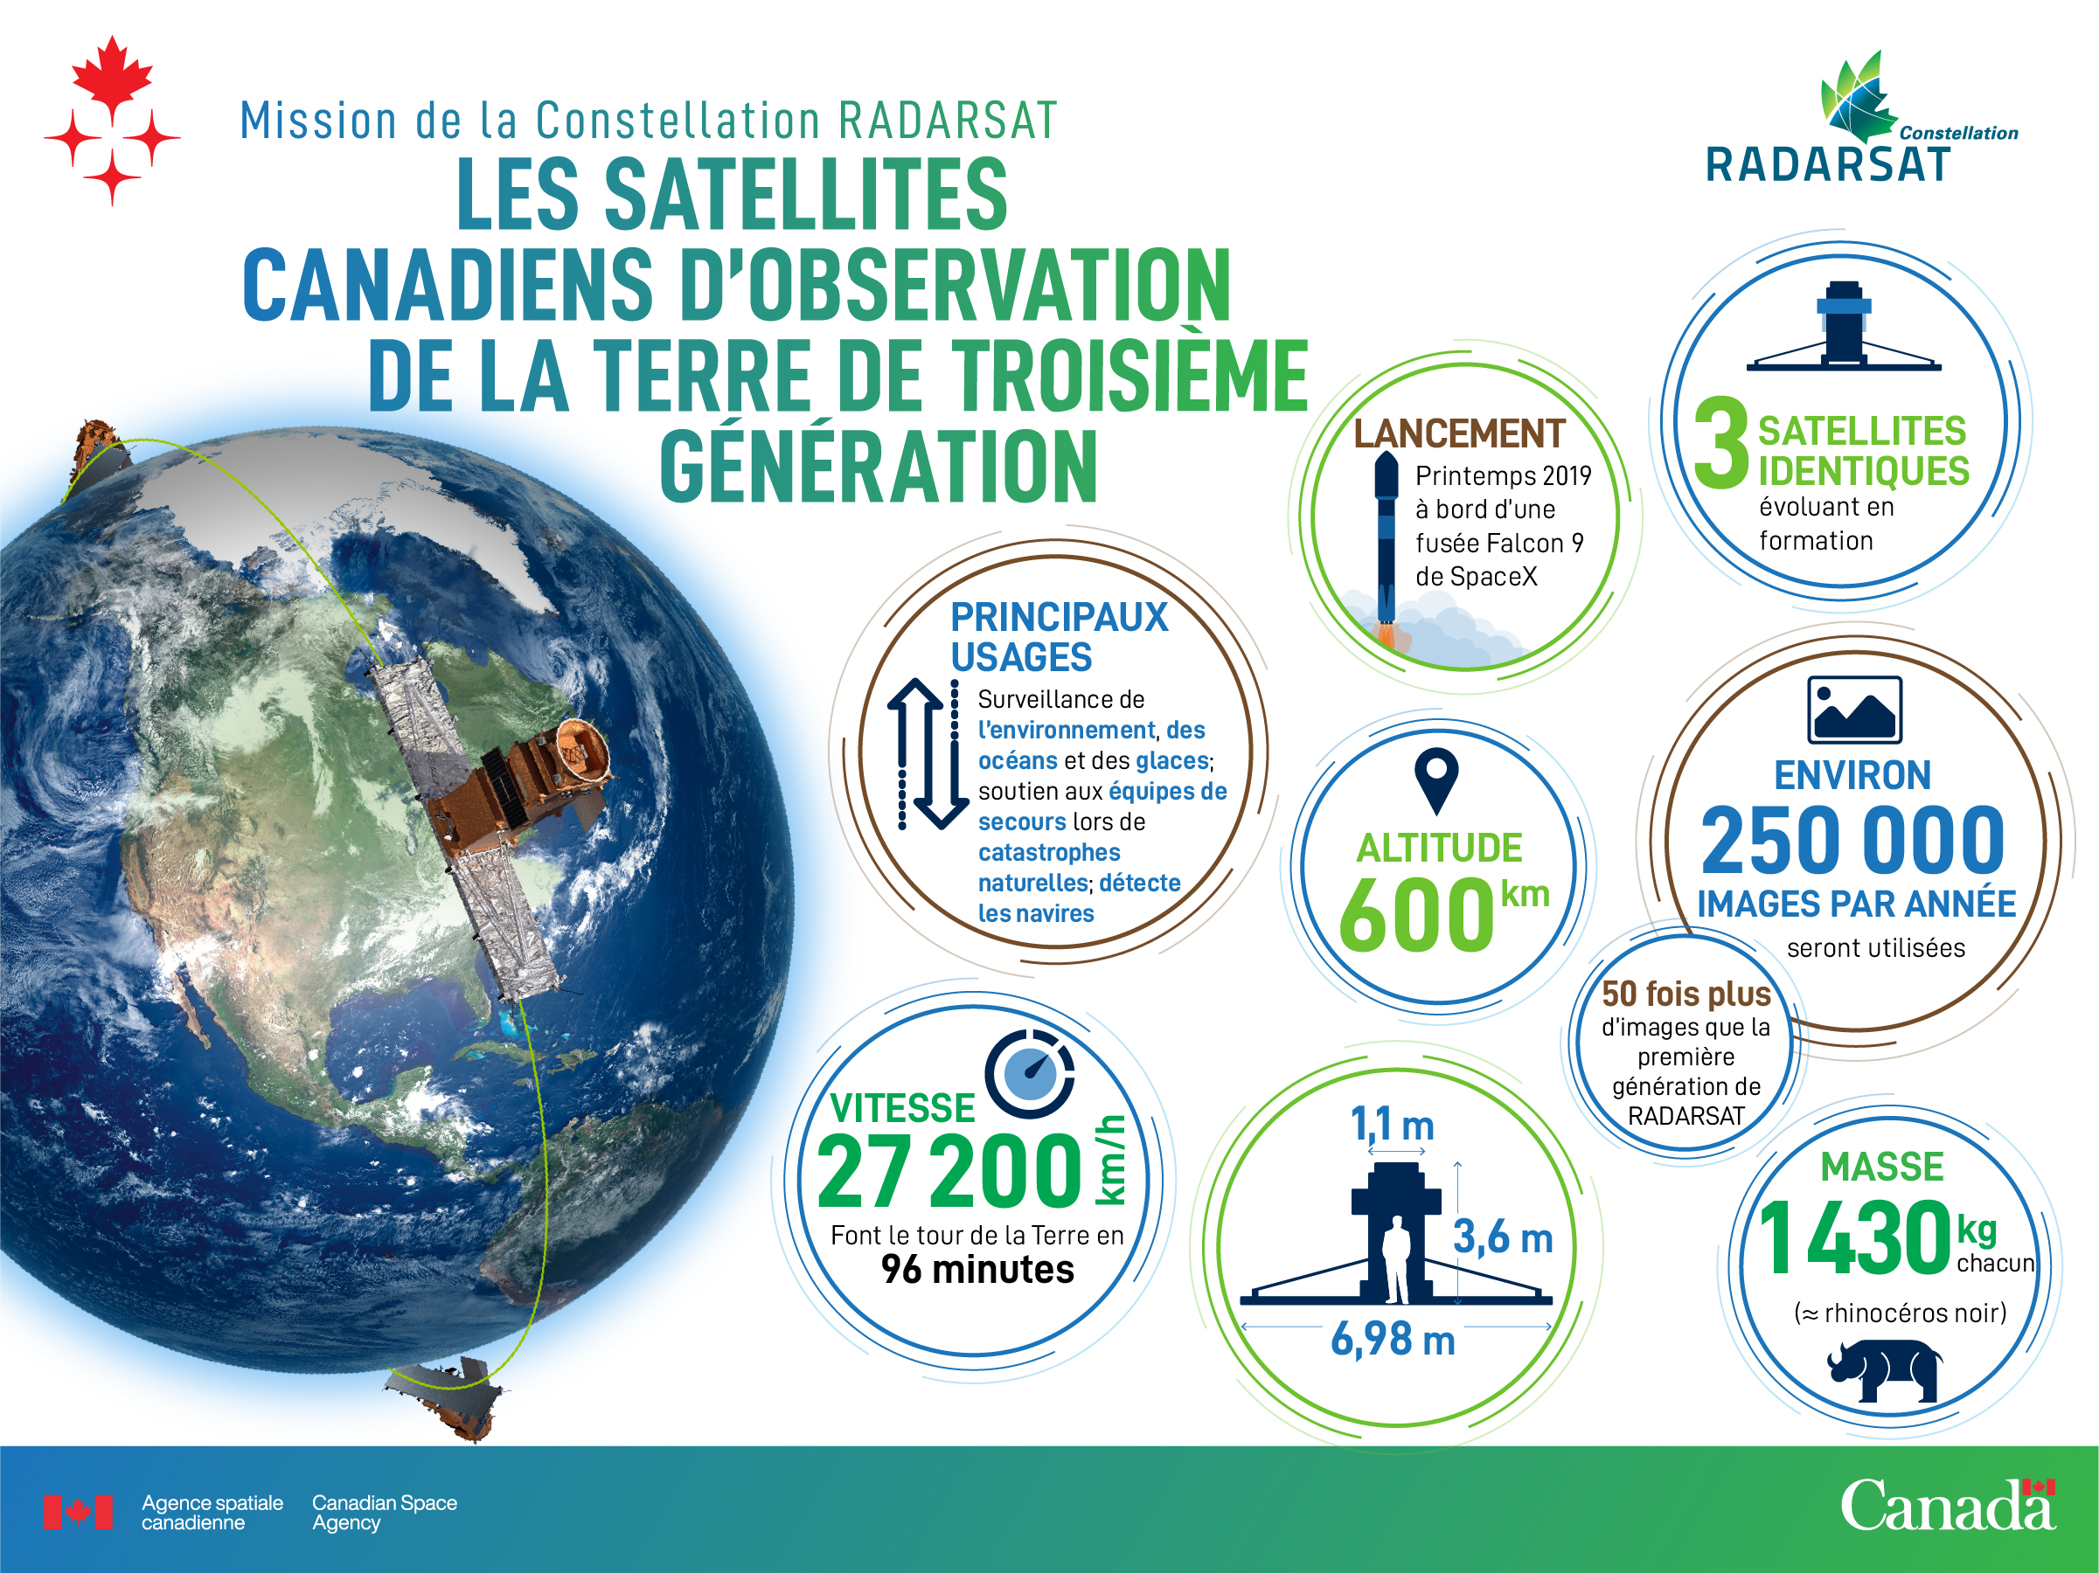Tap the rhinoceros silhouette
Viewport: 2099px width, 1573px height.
[x=1885, y=1370]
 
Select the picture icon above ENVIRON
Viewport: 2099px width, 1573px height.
[x=1854, y=710]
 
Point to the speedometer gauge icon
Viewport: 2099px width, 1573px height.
[x=1030, y=1074]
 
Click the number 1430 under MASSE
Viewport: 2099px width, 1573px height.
[x=1854, y=1237]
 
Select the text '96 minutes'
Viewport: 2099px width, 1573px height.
[x=977, y=1269]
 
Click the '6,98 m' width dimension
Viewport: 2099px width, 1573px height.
[x=1393, y=1339]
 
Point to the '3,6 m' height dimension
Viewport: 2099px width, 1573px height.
[x=1503, y=1237]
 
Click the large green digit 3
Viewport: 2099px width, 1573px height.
[x=1721, y=441]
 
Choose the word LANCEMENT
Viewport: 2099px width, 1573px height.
[x=1458, y=433]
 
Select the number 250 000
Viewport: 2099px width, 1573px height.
[x=1853, y=840]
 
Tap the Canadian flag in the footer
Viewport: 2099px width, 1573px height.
[x=78, y=1511]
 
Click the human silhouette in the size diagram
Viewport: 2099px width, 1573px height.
[x=1397, y=1261]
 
